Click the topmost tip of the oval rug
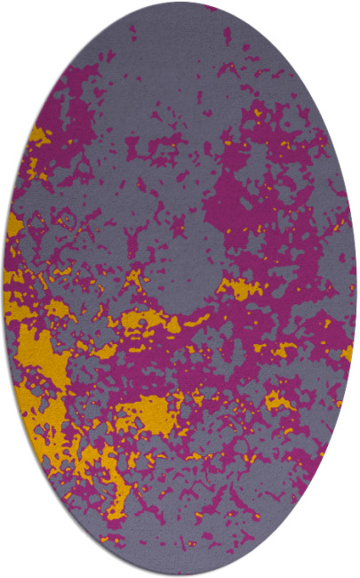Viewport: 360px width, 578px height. (x=180, y=3)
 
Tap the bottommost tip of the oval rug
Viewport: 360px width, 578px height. (x=180, y=575)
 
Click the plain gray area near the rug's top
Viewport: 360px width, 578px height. (x=178, y=44)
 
